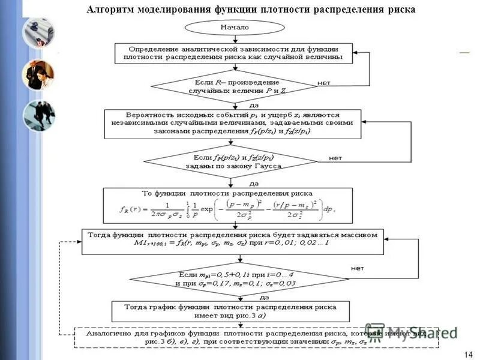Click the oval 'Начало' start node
pos(234,27)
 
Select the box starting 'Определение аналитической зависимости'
pos(234,53)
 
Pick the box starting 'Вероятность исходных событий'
pos(232,123)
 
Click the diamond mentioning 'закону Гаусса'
pos(230,161)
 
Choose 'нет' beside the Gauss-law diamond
pos(335,158)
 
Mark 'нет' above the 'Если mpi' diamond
pos(357,268)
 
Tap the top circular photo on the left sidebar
pos(38,32)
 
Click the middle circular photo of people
pos(38,74)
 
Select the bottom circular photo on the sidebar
pos(38,115)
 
